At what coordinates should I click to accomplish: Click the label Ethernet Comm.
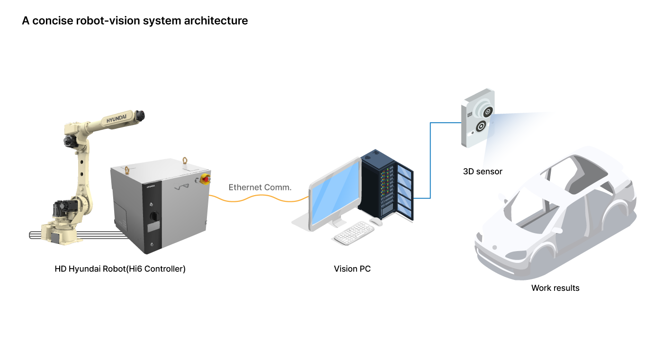click(260, 187)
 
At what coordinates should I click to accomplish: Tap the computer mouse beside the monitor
click(376, 221)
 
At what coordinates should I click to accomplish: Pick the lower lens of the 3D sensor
click(481, 126)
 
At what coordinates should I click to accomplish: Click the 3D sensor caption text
click(483, 171)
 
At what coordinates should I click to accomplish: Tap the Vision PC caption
click(352, 269)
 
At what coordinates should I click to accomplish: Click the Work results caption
click(555, 288)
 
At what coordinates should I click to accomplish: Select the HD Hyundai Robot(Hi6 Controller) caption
click(120, 269)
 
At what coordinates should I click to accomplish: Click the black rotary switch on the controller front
click(154, 216)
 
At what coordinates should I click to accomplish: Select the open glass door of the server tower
click(404, 192)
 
